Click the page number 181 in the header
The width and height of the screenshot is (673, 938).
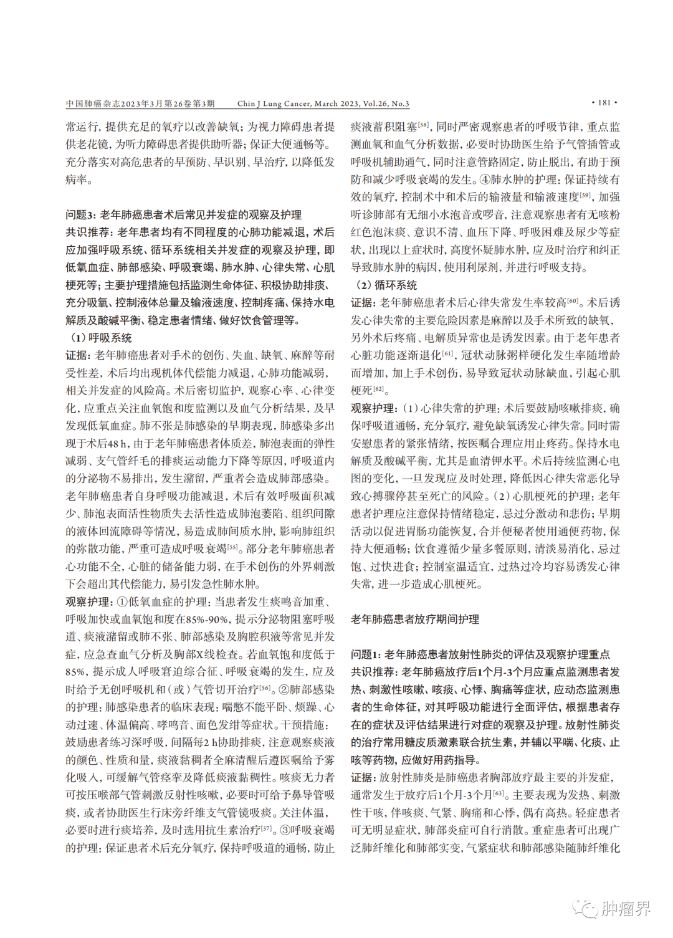[x=604, y=103]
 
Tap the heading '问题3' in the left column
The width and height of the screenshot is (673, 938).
[x=80, y=215]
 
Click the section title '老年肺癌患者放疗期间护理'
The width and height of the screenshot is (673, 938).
[x=415, y=620]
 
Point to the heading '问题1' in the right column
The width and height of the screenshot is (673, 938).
[x=365, y=654]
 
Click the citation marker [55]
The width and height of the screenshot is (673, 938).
[x=232, y=547]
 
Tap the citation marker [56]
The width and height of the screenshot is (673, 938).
[x=265, y=687]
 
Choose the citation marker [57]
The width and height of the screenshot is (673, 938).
[x=266, y=828]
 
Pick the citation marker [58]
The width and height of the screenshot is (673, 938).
[x=424, y=125]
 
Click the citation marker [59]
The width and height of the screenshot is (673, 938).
[x=585, y=195]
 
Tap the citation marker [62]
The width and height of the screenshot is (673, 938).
[x=378, y=389]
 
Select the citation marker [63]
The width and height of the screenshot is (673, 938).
[x=499, y=793]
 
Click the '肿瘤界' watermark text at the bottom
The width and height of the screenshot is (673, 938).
[x=626, y=908]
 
